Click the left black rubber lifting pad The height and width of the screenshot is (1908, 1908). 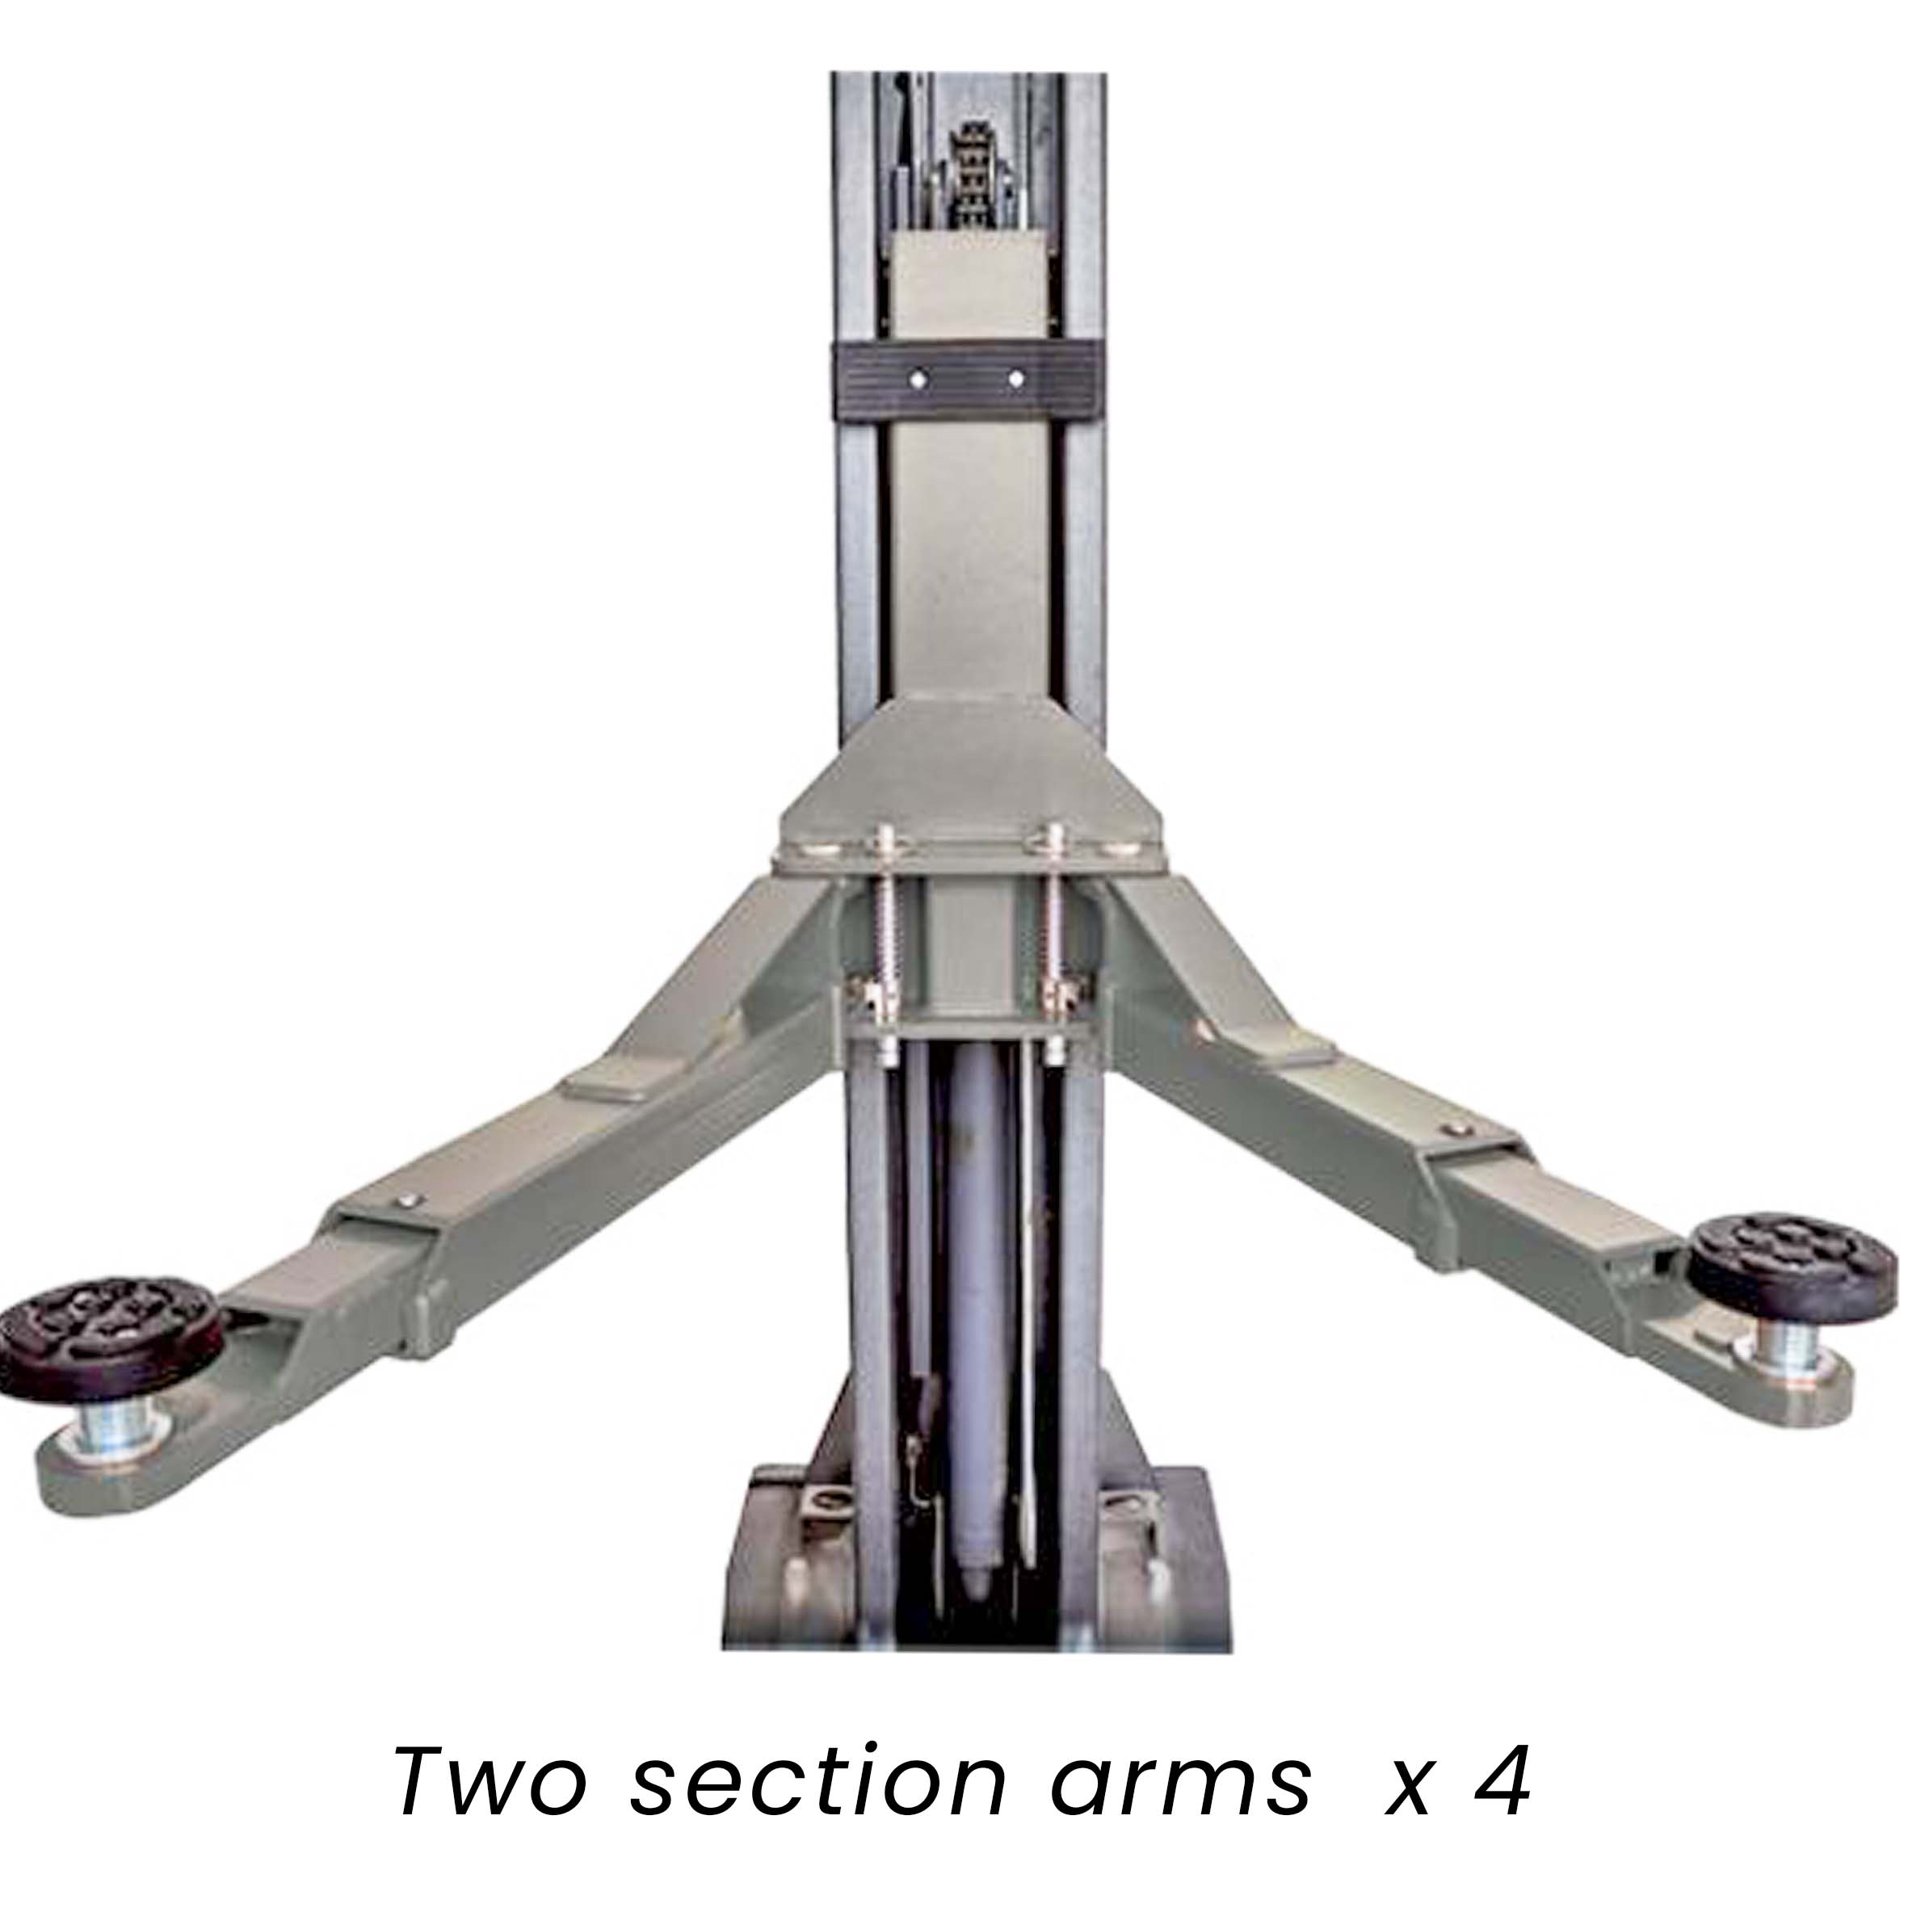pyautogui.click(x=107, y=1332)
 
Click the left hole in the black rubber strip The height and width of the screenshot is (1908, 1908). pyautogui.click(x=919, y=378)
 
